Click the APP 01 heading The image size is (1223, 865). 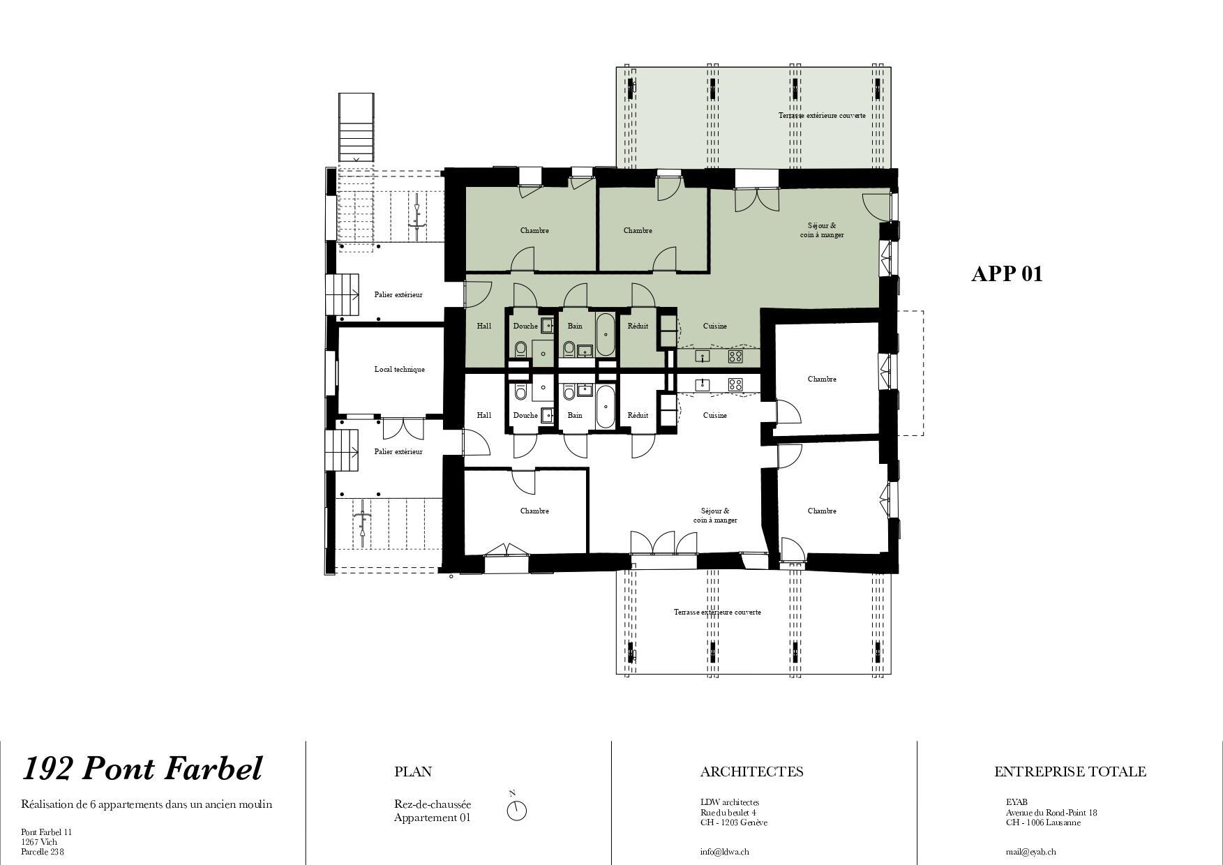click(x=1007, y=273)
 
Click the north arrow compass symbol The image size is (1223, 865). click(x=516, y=809)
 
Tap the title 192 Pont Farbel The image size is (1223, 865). click(x=142, y=769)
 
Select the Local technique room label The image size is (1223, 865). click(x=399, y=369)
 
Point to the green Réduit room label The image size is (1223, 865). click(x=638, y=326)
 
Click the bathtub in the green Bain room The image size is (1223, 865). click(x=605, y=335)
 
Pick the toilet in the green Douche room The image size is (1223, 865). click(x=520, y=348)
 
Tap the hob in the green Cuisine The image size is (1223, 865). click(x=735, y=356)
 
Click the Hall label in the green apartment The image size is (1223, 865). click(x=483, y=326)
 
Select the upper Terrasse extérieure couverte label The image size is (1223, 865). click(x=822, y=115)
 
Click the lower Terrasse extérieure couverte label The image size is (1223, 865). click(x=717, y=612)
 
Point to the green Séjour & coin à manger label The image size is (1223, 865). click(x=822, y=230)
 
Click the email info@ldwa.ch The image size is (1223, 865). click(x=725, y=852)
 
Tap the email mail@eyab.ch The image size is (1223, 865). click(x=1030, y=852)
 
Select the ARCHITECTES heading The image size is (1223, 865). click(x=751, y=772)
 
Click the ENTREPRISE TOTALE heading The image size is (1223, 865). click(x=1070, y=772)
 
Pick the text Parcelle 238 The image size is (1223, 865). click(x=43, y=852)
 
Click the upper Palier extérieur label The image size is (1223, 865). click(x=398, y=294)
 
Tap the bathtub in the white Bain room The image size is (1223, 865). click(x=605, y=407)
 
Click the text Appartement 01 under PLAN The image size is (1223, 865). click(x=432, y=818)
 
